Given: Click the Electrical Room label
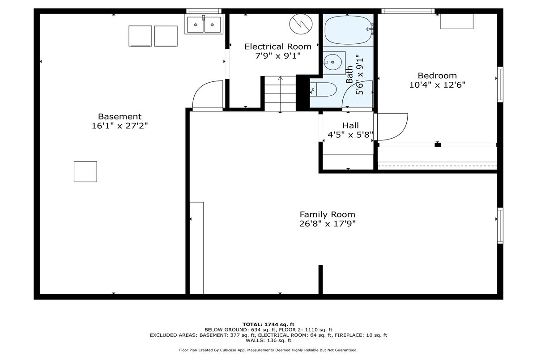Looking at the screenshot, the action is point(278,47).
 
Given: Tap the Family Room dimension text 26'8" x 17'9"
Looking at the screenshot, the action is point(328,224).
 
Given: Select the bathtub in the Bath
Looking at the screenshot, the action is point(348,30).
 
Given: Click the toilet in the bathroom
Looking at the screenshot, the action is point(323,89).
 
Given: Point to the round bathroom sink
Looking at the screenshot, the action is point(332,62).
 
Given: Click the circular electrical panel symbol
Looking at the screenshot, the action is point(301,24).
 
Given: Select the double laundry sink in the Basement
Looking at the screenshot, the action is point(204,25).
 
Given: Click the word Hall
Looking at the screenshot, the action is point(350,125).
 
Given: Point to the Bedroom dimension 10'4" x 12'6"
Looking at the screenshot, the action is point(437,85).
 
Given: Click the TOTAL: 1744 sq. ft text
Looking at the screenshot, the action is point(268,325).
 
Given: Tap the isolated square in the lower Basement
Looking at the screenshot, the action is point(85,171).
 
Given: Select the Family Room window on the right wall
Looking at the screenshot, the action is point(500,226).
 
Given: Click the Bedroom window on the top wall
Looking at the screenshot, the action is point(408,11).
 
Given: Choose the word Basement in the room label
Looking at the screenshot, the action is point(120,116).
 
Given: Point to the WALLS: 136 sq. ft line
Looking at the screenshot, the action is point(268,340).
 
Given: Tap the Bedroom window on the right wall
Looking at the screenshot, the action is point(500,85).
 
